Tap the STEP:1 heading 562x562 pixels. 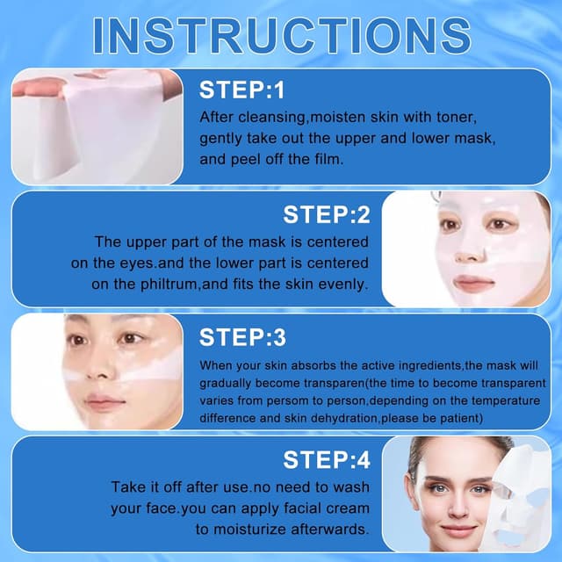[243, 90]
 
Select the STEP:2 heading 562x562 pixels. [327, 214]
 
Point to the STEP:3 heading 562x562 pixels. [243, 337]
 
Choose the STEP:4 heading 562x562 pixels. [327, 460]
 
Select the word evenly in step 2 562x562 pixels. [338, 284]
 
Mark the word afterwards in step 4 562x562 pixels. [325, 530]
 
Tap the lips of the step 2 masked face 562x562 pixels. [475, 284]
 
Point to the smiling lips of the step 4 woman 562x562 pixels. [457, 530]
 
